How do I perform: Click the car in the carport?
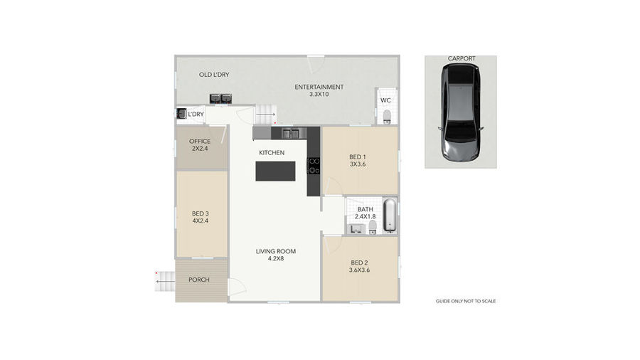[460, 112]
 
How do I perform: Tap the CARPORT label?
[462, 59]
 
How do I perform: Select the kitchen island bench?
[275, 171]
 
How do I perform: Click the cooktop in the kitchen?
[314, 166]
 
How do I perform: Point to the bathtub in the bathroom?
[390, 215]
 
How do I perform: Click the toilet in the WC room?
[387, 117]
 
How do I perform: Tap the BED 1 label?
[358, 157]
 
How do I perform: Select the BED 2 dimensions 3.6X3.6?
[359, 270]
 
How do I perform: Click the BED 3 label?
[201, 213]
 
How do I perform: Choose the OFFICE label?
[200, 141]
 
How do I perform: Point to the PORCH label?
[199, 280]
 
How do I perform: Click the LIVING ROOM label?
[275, 251]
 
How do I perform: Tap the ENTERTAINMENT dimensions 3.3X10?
[319, 95]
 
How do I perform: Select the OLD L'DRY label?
[214, 75]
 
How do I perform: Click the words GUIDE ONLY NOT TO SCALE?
[466, 301]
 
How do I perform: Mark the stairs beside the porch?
[164, 281]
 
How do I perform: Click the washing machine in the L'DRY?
[181, 114]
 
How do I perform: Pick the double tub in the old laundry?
[221, 98]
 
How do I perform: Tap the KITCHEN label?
[272, 153]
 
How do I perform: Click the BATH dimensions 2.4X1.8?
[366, 217]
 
